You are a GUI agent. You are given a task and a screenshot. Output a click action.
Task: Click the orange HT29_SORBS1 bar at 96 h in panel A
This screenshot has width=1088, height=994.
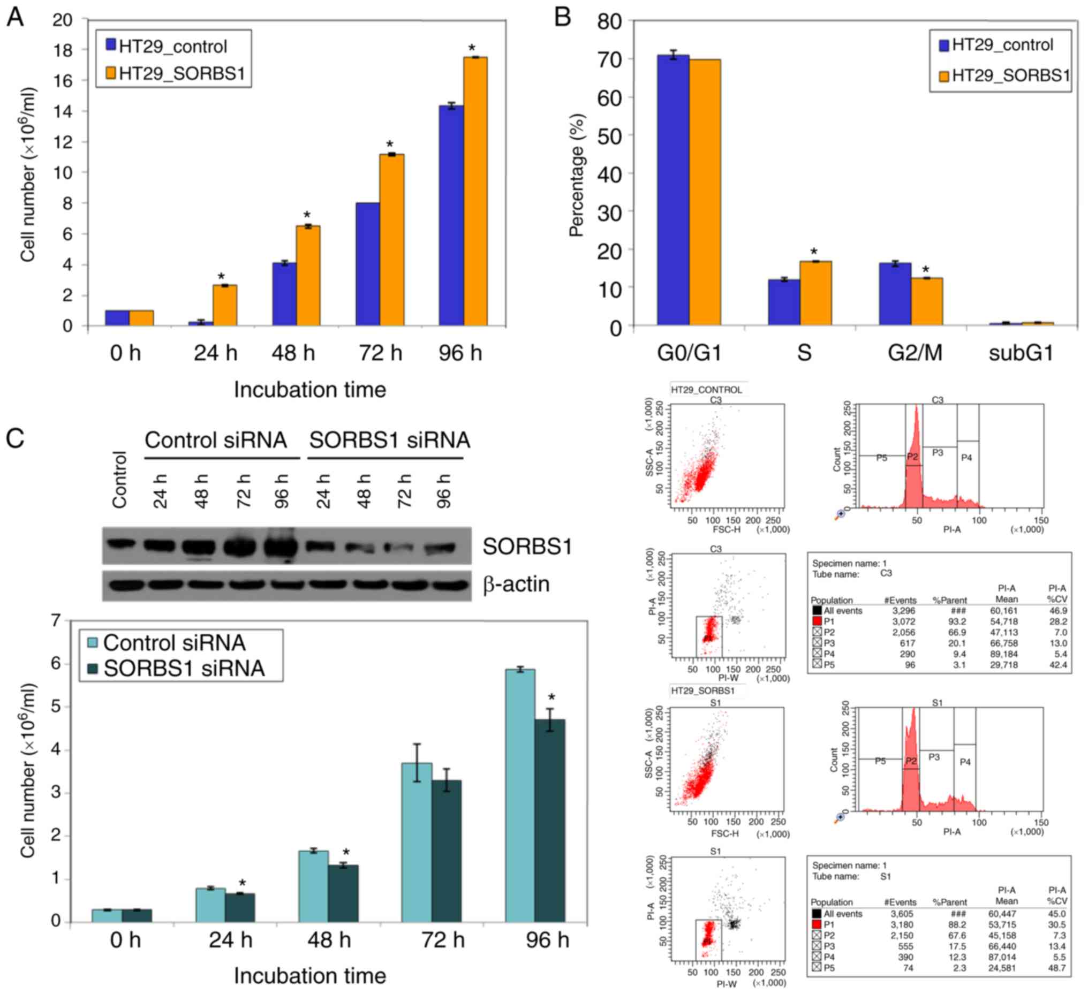[x=475, y=192]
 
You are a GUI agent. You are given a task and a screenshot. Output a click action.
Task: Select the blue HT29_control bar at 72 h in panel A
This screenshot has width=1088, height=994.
[x=367, y=264]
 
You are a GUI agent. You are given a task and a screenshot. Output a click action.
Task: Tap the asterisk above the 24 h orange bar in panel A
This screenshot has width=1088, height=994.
[x=221, y=277]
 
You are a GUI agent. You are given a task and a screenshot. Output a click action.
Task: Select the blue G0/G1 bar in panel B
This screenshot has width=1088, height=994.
[x=673, y=190]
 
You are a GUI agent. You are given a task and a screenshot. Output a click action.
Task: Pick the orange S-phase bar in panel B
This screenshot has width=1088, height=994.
[x=815, y=293]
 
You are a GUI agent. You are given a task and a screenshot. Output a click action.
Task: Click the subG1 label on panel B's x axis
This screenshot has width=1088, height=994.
[x=1021, y=353]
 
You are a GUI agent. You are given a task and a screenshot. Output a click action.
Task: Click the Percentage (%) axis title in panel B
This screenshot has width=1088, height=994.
[x=576, y=176]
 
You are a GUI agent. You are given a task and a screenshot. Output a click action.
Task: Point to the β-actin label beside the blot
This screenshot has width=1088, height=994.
[x=516, y=585]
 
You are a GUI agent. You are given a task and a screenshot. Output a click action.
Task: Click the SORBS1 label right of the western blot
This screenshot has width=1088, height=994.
[x=527, y=547]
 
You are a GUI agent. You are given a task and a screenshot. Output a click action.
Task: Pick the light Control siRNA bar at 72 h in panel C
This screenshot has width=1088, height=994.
[x=417, y=842]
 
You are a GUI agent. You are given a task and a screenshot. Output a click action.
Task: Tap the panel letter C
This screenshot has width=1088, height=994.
[x=14, y=438]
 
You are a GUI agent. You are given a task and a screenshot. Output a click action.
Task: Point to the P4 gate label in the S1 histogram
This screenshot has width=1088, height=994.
[x=965, y=762]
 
